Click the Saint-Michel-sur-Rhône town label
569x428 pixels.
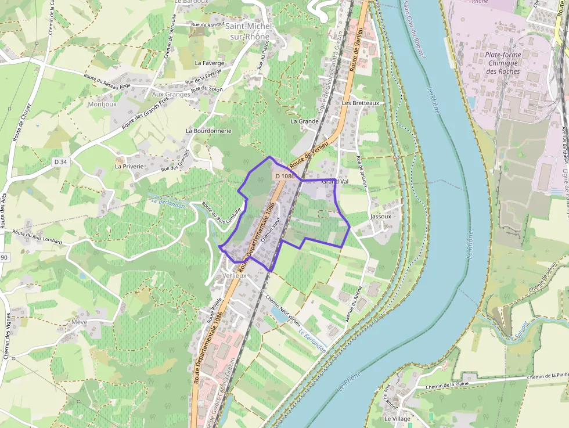click(x=248, y=31)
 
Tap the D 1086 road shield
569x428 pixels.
click(x=285, y=176)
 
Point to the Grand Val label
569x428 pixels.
click(x=335, y=182)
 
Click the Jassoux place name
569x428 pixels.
click(x=381, y=216)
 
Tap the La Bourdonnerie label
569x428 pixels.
click(x=209, y=131)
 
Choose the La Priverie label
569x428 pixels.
click(x=129, y=166)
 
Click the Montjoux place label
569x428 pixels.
click(x=102, y=105)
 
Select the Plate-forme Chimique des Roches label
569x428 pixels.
click(x=503, y=63)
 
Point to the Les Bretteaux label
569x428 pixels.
click(x=361, y=103)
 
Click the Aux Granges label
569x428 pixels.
click(x=171, y=94)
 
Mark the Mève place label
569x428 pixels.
click(x=79, y=322)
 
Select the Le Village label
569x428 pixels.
click(x=397, y=419)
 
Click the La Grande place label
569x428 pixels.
click(x=305, y=122)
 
